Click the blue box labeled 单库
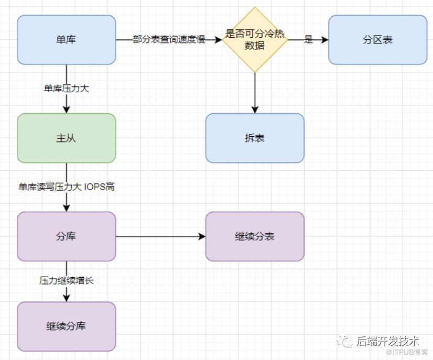[x=66, y=40]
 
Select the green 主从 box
[x=66, y=138]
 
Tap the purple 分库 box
[x=66, y=236]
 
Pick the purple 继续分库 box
[x=66, y=326]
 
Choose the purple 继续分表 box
[x=255, y=236]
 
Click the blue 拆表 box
[x=255, y=138]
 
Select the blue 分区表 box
[x=377, y=40]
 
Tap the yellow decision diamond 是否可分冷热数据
[x=255, y=40]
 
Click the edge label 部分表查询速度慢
[x=169, y=40]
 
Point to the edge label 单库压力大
[x=66, y=89]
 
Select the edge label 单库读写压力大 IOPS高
[x=66, y=187]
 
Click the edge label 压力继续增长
[x=66, y=280]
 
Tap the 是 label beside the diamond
[x=308, y=40]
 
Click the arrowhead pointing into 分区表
[x=325, y=40]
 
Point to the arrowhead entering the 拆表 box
[x=255, y=110]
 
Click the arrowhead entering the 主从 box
[x=66, y=110]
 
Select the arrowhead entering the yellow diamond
[x=219, y=40]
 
